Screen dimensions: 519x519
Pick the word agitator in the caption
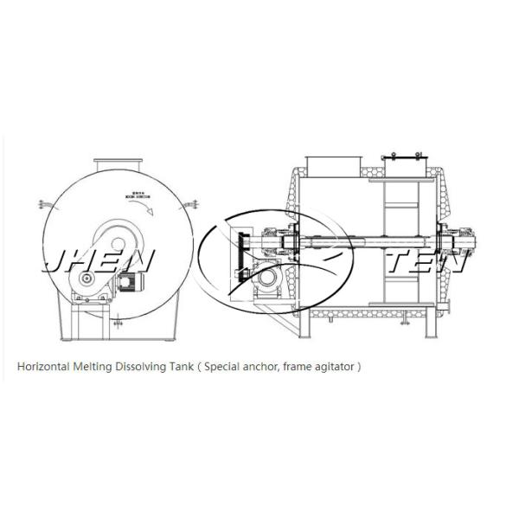[331, 366]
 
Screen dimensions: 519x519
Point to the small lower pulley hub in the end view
[87, 279]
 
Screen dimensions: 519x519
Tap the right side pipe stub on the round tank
[194, 205]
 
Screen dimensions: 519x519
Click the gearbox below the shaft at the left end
[269, 279]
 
